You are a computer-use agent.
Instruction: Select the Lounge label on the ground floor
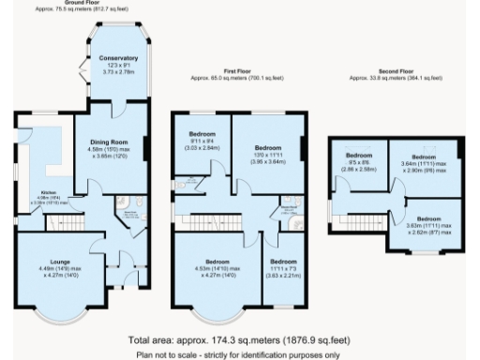[52, 262]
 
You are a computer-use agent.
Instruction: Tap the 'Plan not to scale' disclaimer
[240, 353]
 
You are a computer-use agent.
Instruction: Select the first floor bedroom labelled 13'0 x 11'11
[269, 147]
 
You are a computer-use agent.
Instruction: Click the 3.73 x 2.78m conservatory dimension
[118, 70]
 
